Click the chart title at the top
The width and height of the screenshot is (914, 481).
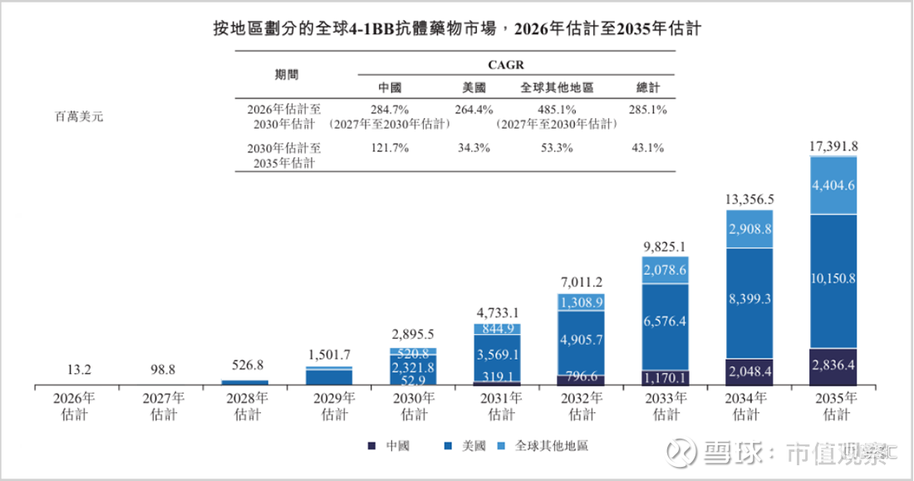click(458, 27)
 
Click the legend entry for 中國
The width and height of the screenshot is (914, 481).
click(391, 446)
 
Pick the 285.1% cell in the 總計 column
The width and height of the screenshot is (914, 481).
click(648, 109)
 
